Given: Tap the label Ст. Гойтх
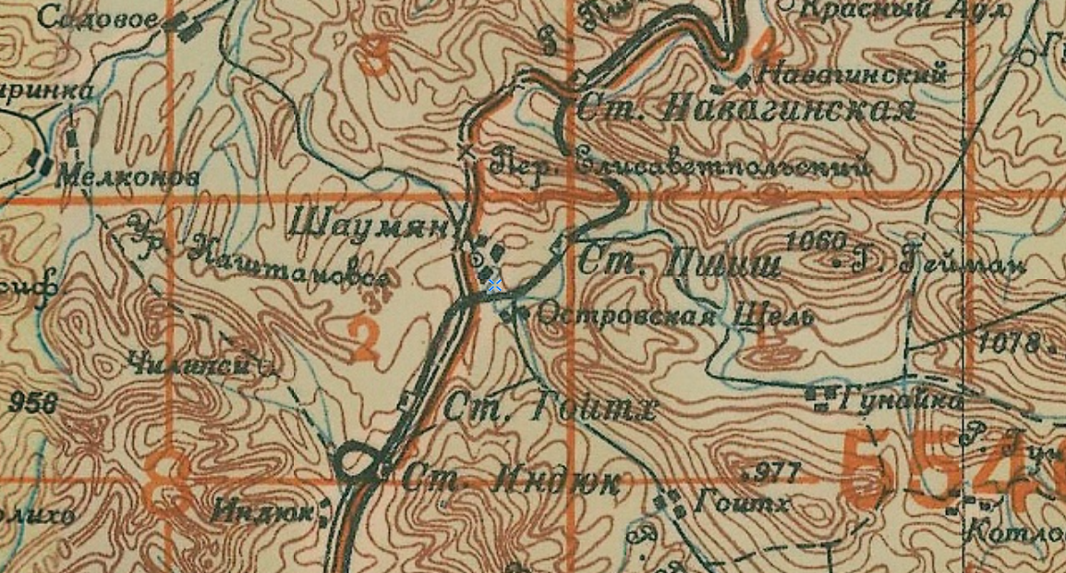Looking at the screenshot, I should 551,407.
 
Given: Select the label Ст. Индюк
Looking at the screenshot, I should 511,480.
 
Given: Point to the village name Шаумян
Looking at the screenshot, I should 369,223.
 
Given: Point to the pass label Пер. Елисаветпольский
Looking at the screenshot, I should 681,165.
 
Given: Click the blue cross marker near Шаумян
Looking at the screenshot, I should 494,286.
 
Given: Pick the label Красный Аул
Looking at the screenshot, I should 890,8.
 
